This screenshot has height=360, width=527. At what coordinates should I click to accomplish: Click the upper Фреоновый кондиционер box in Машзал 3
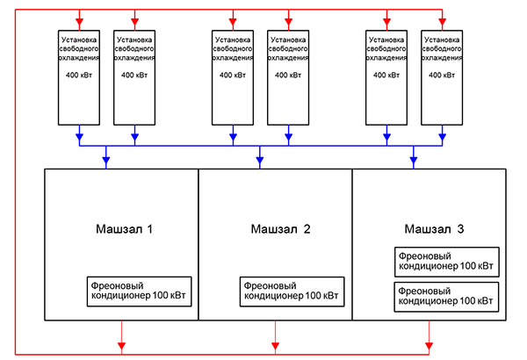(446, 261)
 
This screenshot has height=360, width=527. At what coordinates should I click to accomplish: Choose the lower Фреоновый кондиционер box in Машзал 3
(446, 295)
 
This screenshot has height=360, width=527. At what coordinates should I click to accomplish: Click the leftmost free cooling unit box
(80, 75)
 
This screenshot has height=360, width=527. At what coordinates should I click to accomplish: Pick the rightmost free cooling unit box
(443, 75)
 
